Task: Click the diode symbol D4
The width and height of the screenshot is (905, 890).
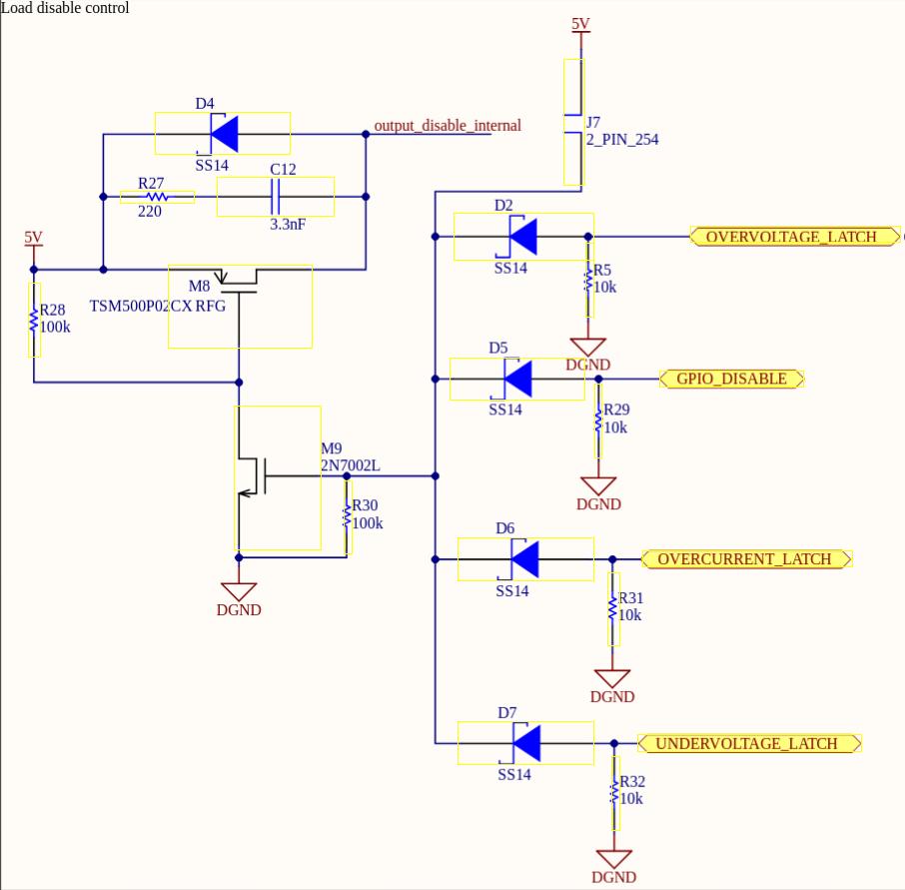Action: (x=223, y=133)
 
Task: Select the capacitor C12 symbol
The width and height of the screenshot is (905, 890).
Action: (x=276, y=198)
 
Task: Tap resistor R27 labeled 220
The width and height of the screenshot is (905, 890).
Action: (x=157, y=198)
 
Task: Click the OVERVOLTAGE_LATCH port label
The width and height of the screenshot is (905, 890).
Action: (x=790, y=237)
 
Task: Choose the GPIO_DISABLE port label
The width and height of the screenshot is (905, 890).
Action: (x=731, y=379)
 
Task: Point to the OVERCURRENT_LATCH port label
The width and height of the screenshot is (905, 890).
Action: (x=744, y=559)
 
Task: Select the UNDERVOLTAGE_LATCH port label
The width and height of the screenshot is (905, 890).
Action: (x=746, y=744)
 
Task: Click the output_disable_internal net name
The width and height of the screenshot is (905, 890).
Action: (x=447, y=126)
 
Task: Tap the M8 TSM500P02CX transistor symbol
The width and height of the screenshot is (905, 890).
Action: (x=240, y=306)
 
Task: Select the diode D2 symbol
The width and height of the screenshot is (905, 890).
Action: (x=523, y=237)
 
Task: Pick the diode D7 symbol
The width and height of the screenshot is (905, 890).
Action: (x=525, y=743)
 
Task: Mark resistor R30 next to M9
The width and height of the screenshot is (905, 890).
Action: (x=348, y=515)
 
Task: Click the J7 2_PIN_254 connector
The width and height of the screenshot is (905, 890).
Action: (x=573, y=122)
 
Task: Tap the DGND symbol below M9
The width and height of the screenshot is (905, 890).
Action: (x=239, y=592)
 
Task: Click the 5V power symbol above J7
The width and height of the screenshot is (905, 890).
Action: (x=580, y=26)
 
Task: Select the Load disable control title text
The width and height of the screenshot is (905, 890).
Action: (x=65, y=8)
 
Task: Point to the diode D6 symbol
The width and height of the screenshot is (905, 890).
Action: (x=525, y=559)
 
